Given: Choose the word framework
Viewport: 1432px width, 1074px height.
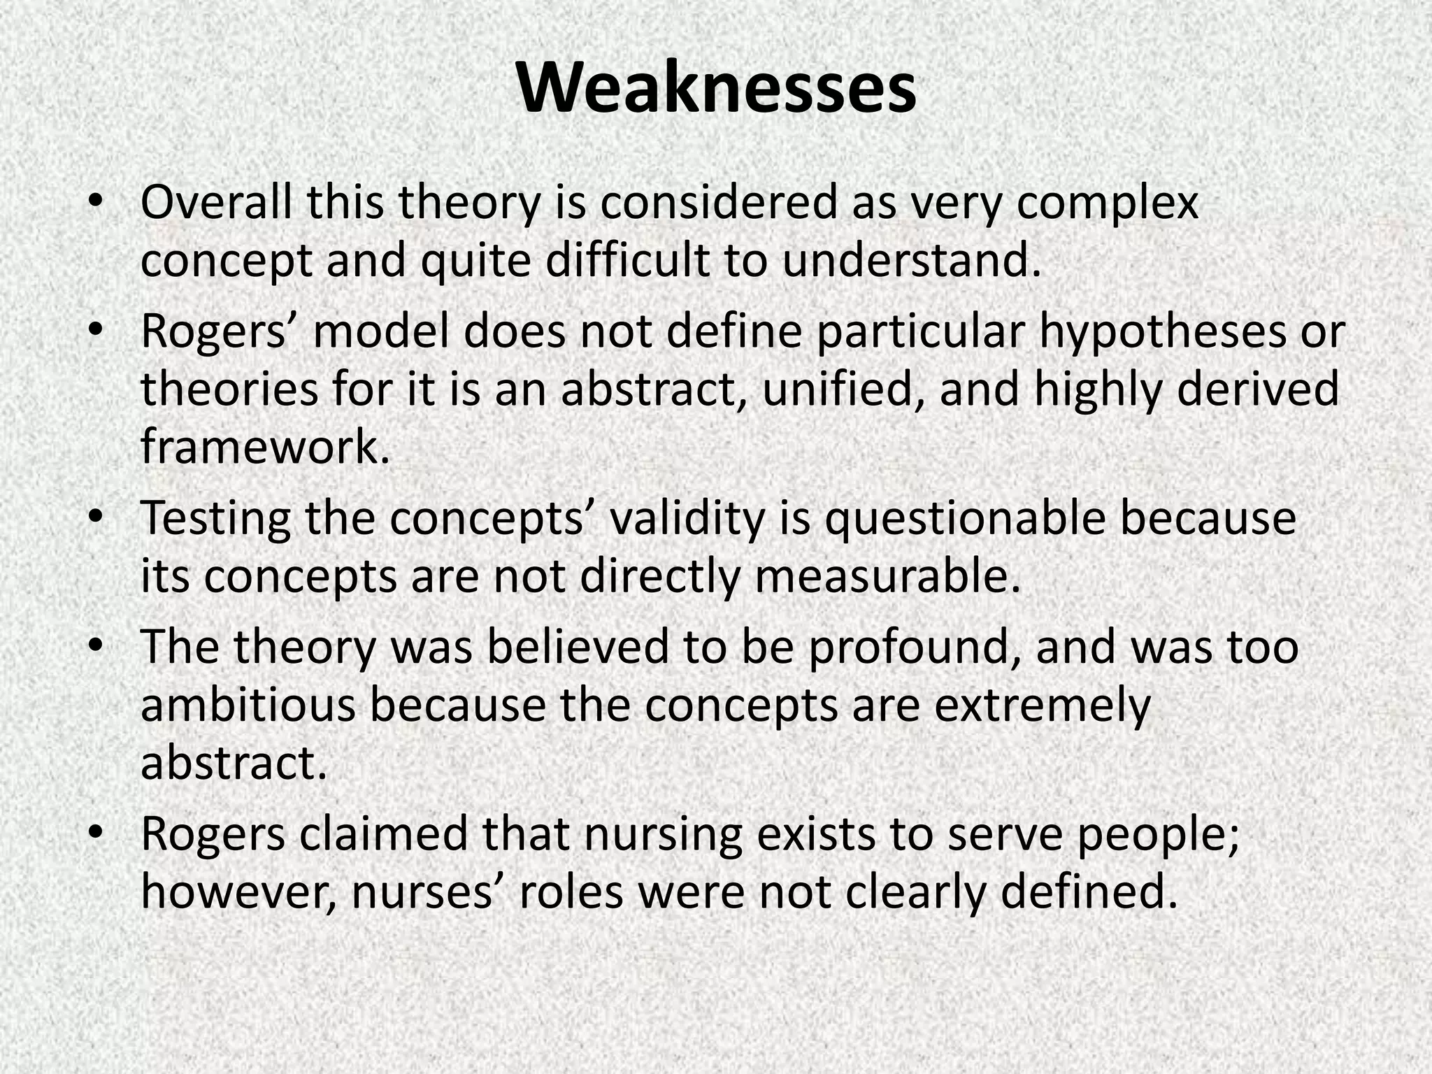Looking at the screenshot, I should (264, 446).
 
